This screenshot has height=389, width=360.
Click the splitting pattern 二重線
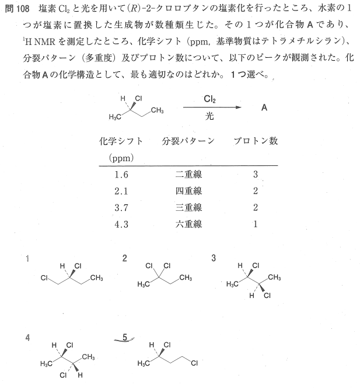tap(188, 175)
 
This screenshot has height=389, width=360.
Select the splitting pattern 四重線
tap(188, 191)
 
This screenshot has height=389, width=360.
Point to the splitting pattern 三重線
tap(188, 207)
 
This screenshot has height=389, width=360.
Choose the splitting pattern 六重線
tap(188, 224)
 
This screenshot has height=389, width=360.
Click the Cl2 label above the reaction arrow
tap(211, 100)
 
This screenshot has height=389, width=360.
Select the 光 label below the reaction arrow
tap(209, 116)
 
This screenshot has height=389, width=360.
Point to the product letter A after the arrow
tap(264, 108)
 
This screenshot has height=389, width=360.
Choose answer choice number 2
tap(125, 258)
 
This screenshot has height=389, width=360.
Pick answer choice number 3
tap(214, 258)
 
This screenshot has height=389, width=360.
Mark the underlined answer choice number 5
tap(125, 337)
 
